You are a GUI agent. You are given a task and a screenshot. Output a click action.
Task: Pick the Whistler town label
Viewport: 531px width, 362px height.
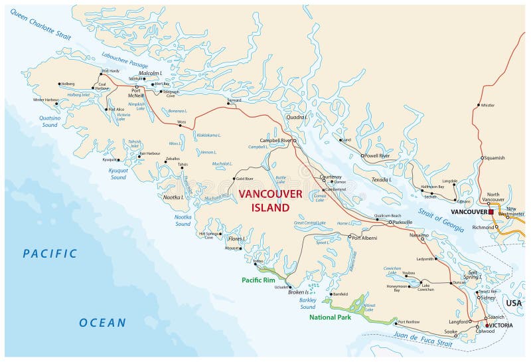(488, 105)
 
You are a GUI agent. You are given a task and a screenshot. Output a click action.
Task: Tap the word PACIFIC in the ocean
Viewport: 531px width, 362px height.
(50, 253)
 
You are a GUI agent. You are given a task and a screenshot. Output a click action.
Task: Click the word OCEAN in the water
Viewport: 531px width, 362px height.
(102, 323)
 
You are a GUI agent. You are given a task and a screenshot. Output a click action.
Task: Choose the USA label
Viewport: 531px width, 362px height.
(514, 303)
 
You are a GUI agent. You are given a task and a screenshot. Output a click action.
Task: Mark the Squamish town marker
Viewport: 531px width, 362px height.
(483, 158)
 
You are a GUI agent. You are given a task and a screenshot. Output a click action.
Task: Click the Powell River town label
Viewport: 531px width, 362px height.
(378, 155)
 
